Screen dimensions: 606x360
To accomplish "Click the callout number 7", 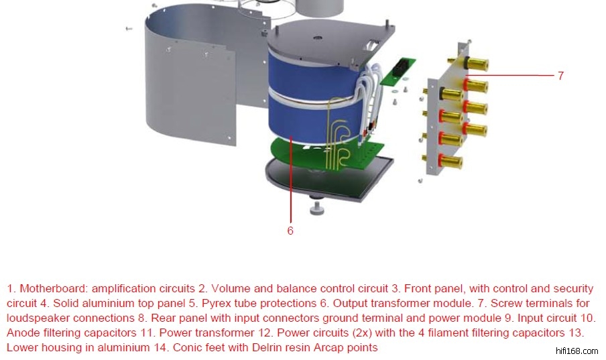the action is coord(561,75).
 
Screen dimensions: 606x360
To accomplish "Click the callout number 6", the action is coord(290,231).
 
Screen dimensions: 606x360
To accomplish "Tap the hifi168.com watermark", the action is coord(577,351).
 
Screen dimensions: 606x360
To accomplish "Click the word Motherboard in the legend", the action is coord(54,288).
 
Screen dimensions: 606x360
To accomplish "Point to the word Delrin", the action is coord(266,348).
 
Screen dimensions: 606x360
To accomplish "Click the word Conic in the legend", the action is coord(187,348).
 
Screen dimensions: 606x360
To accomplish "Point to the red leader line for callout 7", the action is coord(509,75).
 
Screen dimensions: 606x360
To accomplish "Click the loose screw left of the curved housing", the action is coord(129,29).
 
